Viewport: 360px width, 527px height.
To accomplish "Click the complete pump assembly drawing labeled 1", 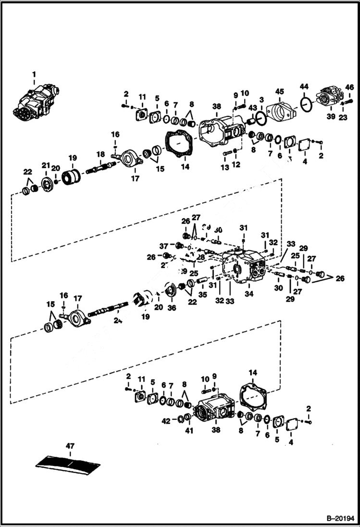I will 36,101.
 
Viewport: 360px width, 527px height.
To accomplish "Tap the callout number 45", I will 280,91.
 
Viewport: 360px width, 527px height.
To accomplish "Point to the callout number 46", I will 349,87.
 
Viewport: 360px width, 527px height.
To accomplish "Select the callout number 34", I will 248,294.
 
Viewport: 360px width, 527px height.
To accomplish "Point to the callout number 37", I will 163,246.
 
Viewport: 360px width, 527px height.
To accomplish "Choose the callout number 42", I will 166,421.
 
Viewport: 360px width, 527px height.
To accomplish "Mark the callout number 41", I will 189,430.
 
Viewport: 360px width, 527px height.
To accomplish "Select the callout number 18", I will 100,154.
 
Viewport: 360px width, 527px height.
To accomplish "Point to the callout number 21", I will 45,166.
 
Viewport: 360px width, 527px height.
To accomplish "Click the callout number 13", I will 224,167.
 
